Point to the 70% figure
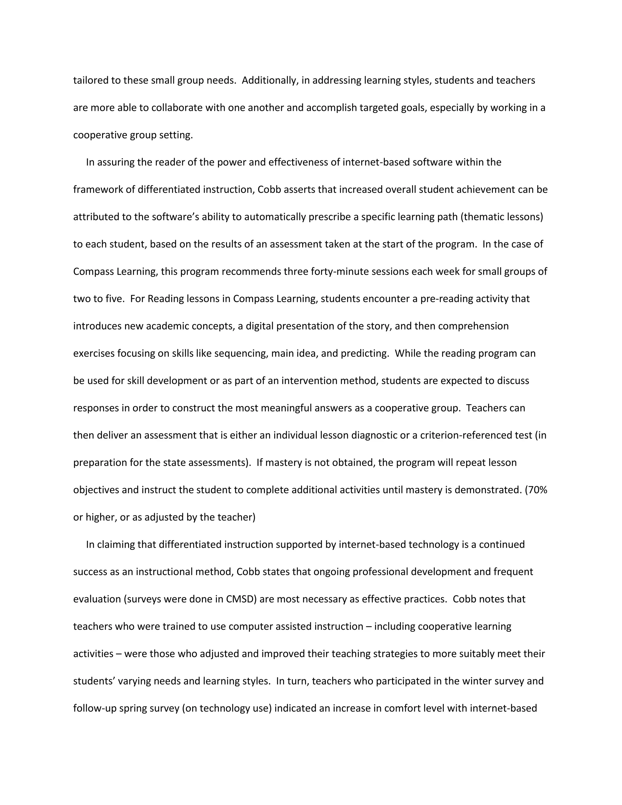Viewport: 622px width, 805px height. [x=538, y=490]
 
